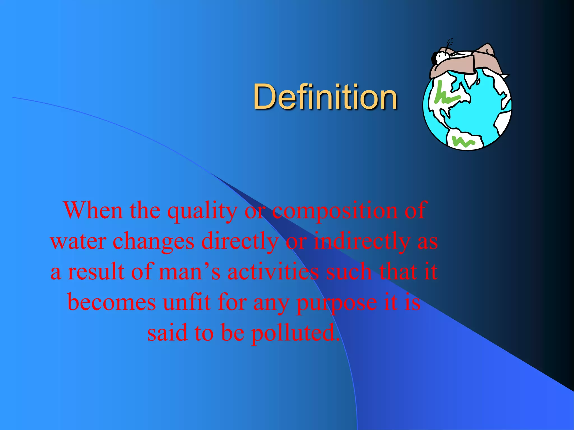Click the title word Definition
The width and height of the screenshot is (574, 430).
point(325,97)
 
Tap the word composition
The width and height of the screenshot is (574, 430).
point(335,211)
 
